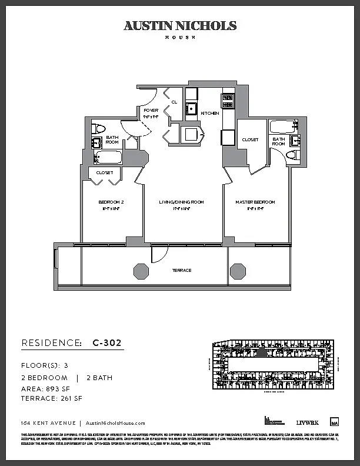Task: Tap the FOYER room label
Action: click(x=151, y=109)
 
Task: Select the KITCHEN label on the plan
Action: click(x=210, y=113)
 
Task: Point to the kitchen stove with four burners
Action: click(x=228, y=101)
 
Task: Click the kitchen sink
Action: click(x=191, y=108)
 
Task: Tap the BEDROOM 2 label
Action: click(x=111, y=202)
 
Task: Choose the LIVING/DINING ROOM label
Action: click(x=181, y=202)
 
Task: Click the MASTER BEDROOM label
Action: click(x=255, y=202)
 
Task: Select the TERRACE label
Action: click(x=182, y=271)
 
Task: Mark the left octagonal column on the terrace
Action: click(x=141, y=271)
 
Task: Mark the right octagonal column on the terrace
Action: click(x=238, y=271)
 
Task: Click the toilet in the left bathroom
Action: click(x=99, y=128)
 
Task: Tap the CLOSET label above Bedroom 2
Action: click(x=105, y=172)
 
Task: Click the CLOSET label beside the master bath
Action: click(x=251, y=140)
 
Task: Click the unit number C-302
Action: click(x=108, y=342)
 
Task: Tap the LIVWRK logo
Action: click(x=307, y=422)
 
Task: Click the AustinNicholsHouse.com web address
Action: click(x=115, y=423)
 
